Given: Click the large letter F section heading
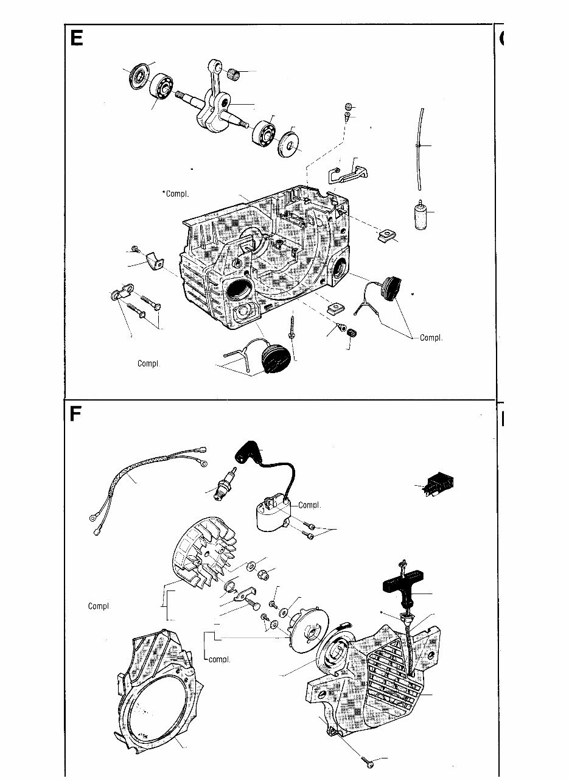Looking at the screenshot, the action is (x=75, y=414).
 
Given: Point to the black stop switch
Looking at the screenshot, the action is (x=439, y=485).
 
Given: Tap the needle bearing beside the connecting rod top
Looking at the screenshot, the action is (x=233, y=73).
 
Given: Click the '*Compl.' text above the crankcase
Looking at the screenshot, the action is (x=176, y=194).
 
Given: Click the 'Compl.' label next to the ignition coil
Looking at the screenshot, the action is (x=309, y=505).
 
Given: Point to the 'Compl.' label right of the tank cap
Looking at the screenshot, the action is (x=431, y=337).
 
